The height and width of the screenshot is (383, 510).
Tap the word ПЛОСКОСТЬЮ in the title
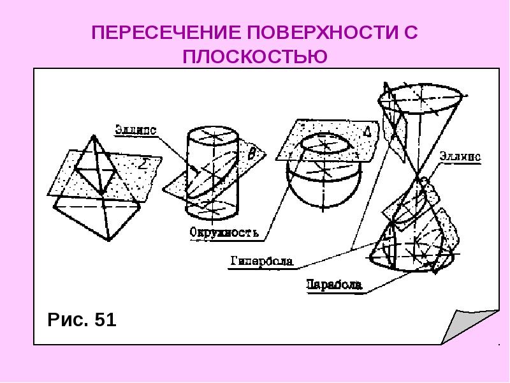[254, 57]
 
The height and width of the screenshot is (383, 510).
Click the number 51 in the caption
[105, 320]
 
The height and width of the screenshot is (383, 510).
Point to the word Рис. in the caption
[68, 320]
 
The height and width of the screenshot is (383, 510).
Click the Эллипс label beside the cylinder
[136, 130]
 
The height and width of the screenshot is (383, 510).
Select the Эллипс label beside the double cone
[460, 156]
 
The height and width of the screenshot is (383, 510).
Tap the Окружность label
[224, 232]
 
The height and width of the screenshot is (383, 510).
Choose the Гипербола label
[262, 261]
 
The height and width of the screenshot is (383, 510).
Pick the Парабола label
[334, 285]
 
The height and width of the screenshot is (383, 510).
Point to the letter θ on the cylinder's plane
[252, 153]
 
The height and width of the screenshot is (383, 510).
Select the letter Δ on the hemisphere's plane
[367, 131]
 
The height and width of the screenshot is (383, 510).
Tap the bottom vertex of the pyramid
[108, 241]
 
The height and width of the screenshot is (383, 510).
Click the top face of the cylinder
[213, 135]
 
